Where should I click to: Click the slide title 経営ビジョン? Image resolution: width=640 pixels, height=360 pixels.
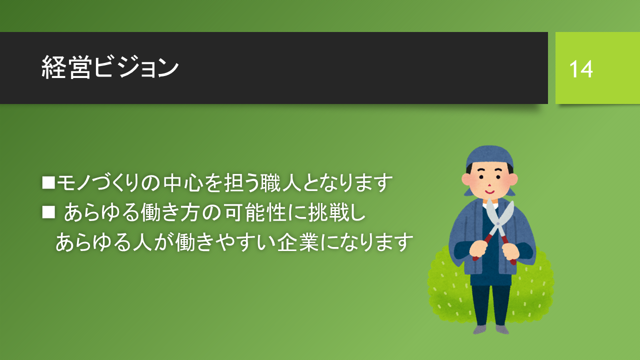point(110,67)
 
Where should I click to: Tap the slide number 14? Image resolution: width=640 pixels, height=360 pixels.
point(581,69)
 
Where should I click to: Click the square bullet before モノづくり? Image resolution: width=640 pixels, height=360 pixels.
point(48,182)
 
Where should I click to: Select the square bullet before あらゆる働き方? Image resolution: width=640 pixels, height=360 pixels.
point(48,212)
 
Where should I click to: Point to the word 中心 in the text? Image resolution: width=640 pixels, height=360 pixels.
point(183,182)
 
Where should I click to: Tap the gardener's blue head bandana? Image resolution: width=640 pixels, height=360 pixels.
point(489,156)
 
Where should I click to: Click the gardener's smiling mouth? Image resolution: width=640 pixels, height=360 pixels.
point(489,191)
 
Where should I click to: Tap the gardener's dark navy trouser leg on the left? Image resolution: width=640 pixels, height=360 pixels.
point(481,305)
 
